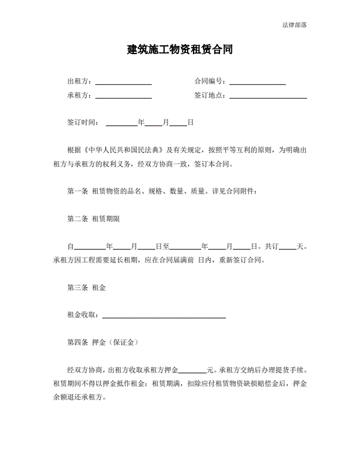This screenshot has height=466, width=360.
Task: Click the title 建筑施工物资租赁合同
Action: tap(179, 49)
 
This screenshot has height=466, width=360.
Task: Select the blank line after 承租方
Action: tap(124, 96)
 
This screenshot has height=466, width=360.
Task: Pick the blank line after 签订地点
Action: tap(268, 96)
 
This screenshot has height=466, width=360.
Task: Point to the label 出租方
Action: tap(79, 82)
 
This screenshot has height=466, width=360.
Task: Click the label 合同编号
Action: tap(209, 82)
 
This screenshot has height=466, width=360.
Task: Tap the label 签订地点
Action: tap(209, 95)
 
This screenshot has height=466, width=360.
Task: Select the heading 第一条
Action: tap(78, 191)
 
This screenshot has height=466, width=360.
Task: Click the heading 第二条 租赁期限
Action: tap(94, 219)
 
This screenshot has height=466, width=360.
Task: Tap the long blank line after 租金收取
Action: tap(164, 317)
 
